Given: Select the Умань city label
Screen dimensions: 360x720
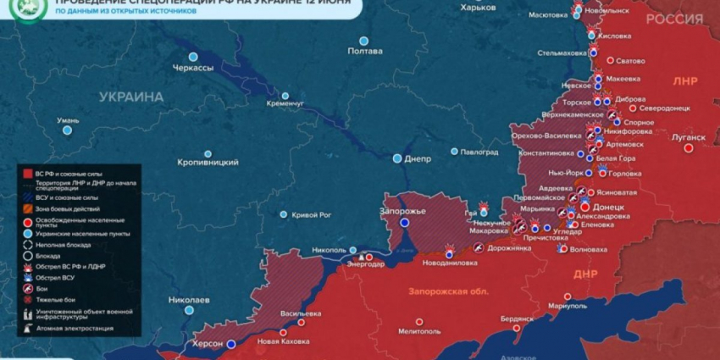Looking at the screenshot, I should point(67,120).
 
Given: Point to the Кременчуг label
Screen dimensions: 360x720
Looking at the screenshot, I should point(285,102).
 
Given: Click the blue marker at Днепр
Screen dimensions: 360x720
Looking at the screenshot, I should point(396,158).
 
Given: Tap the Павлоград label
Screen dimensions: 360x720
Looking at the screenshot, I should point(479,152).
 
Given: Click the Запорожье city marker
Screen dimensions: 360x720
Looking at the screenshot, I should point(405,223).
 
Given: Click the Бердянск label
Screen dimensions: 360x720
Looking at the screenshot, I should point(517,318).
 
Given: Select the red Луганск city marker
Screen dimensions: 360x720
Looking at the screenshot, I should point(688,147).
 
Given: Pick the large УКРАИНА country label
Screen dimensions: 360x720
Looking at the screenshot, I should point(130,97).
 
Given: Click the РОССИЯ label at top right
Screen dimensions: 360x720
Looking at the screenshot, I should point(673,19).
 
